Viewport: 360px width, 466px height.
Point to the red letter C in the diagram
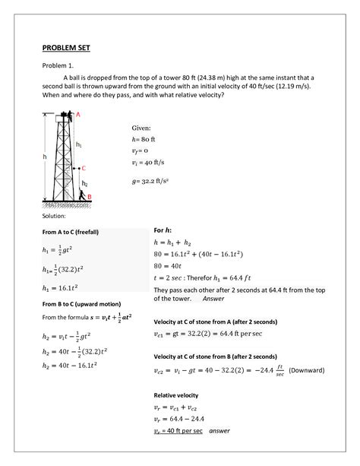[x=83, y=168]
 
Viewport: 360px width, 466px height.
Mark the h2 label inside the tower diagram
[x=84, y=183]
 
